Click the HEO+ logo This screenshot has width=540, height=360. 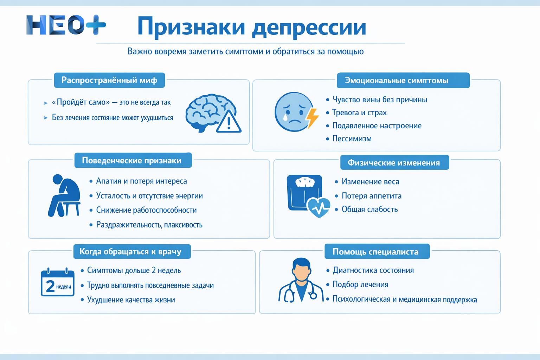pyautogui.click(x=66, y=25)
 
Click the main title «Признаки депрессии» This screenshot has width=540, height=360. pyautogui.click(x=251, y=27)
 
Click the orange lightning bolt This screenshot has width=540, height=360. pyautogui.click(x=313, y=118)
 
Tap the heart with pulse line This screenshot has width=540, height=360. pyautogui.click(x=319, y=207)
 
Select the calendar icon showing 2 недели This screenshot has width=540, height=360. pyautogui.click(x=58, y=282)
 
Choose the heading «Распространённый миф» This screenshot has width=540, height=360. pyautogui.click(x=109, y=80)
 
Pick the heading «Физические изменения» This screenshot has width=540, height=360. pyautogui.click(x=394, y=162)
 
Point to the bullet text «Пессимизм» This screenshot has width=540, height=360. pyautogui.click(x=352, y=139)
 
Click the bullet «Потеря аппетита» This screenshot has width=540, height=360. pyautogui.click(x=372, y=196)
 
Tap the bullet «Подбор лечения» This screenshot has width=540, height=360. pyautogui.click(x=360, y=284)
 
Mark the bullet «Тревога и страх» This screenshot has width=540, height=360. pyautogui.click(x=359, y=112)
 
